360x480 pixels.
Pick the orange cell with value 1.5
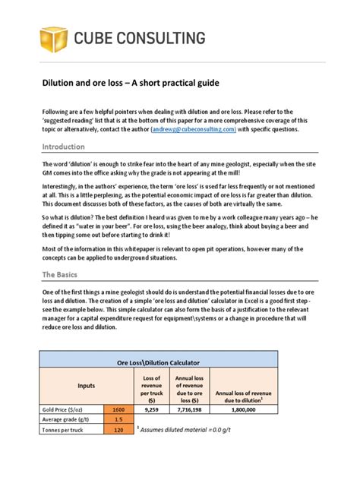click(x=118, y=418)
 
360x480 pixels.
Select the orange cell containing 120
click(x=118, y=430)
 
